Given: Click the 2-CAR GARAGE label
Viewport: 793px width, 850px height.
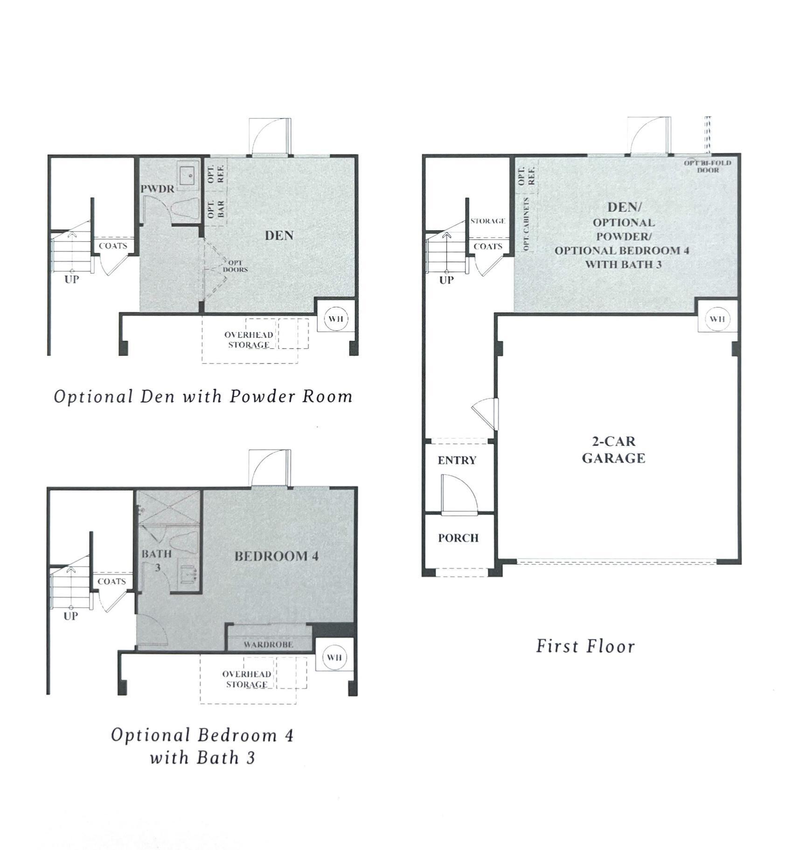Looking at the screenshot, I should click(613, 450).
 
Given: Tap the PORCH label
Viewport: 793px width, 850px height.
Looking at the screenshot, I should click(458, 538).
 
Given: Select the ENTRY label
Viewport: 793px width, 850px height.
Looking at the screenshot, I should click(457, 460).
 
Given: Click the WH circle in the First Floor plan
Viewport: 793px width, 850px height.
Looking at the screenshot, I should click(717, 319).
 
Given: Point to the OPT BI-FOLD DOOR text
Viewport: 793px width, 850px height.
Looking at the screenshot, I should click(707, 167).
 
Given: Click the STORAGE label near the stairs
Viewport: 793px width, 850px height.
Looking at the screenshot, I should click(488, 221).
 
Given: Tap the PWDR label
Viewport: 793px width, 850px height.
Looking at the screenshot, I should click(157, 189).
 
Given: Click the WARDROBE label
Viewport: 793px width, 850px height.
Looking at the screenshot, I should click(268, 644).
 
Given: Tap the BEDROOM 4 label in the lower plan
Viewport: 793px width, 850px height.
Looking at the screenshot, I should click(276, 556).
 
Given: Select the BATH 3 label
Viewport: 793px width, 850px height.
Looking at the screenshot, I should click(157, 560).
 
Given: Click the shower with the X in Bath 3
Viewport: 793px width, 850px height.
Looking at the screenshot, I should click(169, 507).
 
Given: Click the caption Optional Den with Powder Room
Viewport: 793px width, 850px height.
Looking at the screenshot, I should click(203, 397).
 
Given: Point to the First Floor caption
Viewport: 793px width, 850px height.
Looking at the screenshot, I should click(585, 647).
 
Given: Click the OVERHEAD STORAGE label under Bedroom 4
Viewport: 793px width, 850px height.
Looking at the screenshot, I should click(247, 679).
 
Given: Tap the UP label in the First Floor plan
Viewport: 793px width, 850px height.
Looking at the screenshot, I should click(446, 280).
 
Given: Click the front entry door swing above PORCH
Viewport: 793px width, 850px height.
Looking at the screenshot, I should click(459, 495).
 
